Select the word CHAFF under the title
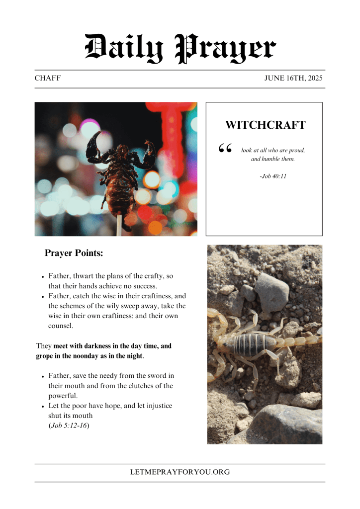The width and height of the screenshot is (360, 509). click(48, 79)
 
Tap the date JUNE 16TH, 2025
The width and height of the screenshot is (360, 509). click(293, 79)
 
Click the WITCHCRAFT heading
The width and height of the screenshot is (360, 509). click(265, 125)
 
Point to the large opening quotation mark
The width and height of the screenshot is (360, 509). click(225, 149)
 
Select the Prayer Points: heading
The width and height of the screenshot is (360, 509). click(74, 253)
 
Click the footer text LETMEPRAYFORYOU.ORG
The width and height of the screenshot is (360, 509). click(180, 472)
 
